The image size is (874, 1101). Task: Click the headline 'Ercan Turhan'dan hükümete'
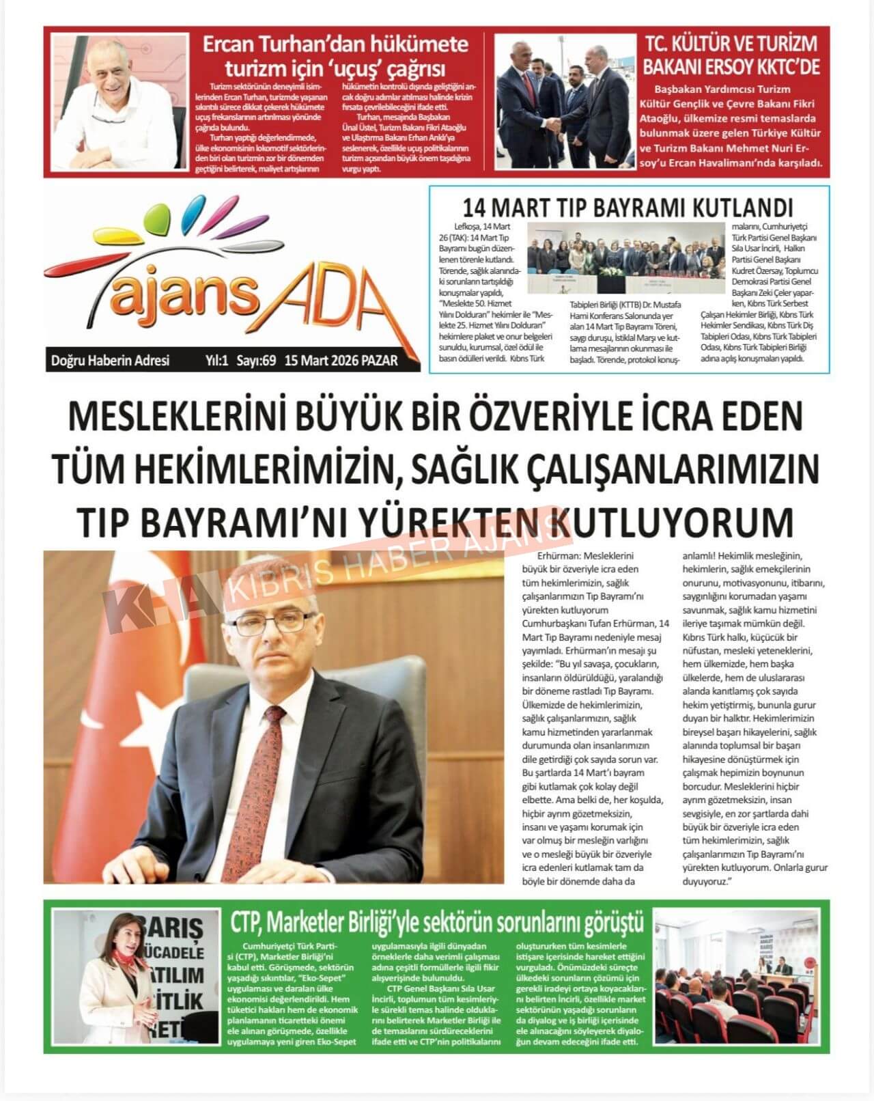[x=335, y=45]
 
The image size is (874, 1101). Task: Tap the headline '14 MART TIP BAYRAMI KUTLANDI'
[x=628, y=207]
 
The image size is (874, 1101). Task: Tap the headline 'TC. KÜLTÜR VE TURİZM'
[x=731, y=44]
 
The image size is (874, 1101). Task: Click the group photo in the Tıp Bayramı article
[x=626, y=258]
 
